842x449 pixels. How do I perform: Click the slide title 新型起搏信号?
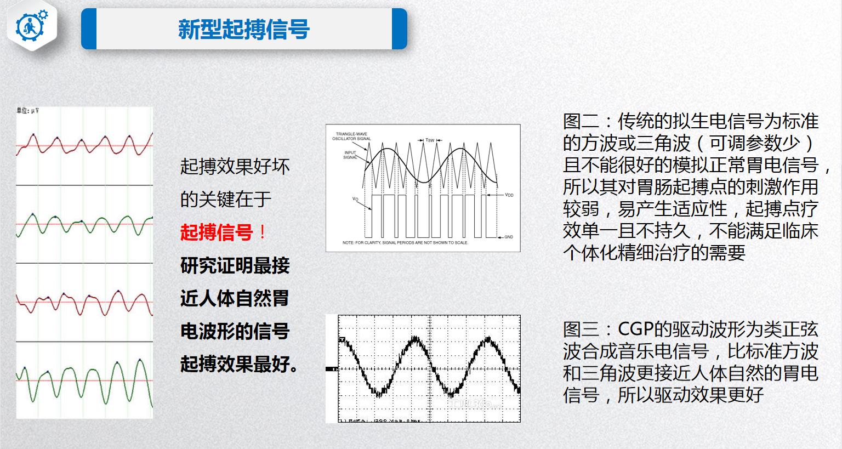pyautogui.click(x=244, y=29)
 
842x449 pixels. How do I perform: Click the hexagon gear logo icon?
pyautogui.click(x=32, y=26)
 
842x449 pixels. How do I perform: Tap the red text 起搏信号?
pyautogui.click(x=217, y=232)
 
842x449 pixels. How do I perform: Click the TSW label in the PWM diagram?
pyautogui.click(x=430, y=140)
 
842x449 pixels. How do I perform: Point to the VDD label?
pyautogui.click(x=509, y=195)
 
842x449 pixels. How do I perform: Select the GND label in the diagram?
pyautogui.click(x=508, y=237)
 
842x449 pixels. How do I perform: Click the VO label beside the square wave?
pyautogui.click(x=355, y=199)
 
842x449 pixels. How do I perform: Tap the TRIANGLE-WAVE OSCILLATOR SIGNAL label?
pyautogui.click(x=351, y=136)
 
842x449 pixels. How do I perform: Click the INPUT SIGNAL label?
pyautogui.click(x=350, y=155)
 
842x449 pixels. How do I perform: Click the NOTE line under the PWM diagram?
pyautogui.click(x=405, y=242)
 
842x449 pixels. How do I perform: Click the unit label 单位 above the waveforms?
pyautogui.click(x=27, y=111)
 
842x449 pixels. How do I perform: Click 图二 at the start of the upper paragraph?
pyautogui.click(x=580, y=121)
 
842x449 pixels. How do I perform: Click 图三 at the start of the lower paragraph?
pyautogui.click(x=580, y=329)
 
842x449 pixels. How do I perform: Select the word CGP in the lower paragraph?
pyautogui.click(x=635, y=329)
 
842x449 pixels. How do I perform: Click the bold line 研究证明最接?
pyautogui.click(x=235, y=265)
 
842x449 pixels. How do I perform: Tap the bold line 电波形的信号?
pyautogui.click(x=235, y=331)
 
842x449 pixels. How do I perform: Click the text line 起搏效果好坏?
pyautogui.click(x=235, y=166)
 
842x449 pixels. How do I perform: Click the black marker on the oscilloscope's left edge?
pyautogui.click(x=331, y=369)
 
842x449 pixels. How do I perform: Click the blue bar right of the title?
pyautogui.click(x=400, y=29)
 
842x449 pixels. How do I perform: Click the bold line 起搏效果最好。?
pyautogui.click(x=239, y=364)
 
